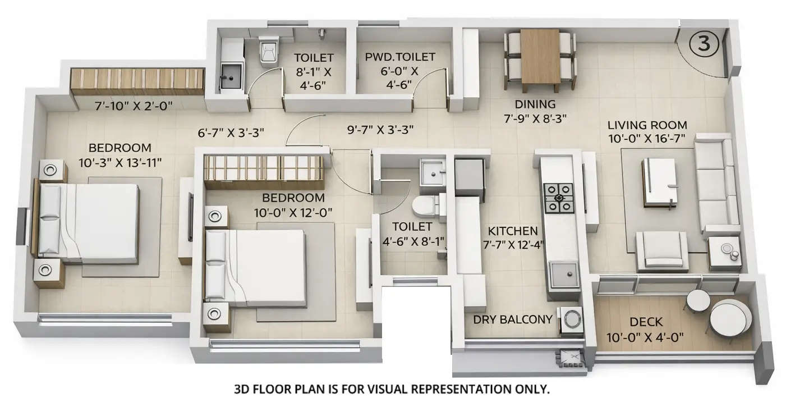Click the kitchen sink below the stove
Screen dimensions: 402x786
click(x=564, y=276)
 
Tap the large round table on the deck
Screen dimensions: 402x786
click(x=730, y=317)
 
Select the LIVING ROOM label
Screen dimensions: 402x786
click(x=647, y=125)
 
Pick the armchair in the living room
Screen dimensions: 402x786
click(x=662, y=250)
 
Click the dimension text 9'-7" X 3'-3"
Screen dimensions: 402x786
click(x=380, y=129)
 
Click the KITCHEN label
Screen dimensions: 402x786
click(x=512, y=231)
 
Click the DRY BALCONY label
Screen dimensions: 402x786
click(x=513, y=319)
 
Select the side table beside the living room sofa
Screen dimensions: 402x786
click(x=724, y=252)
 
